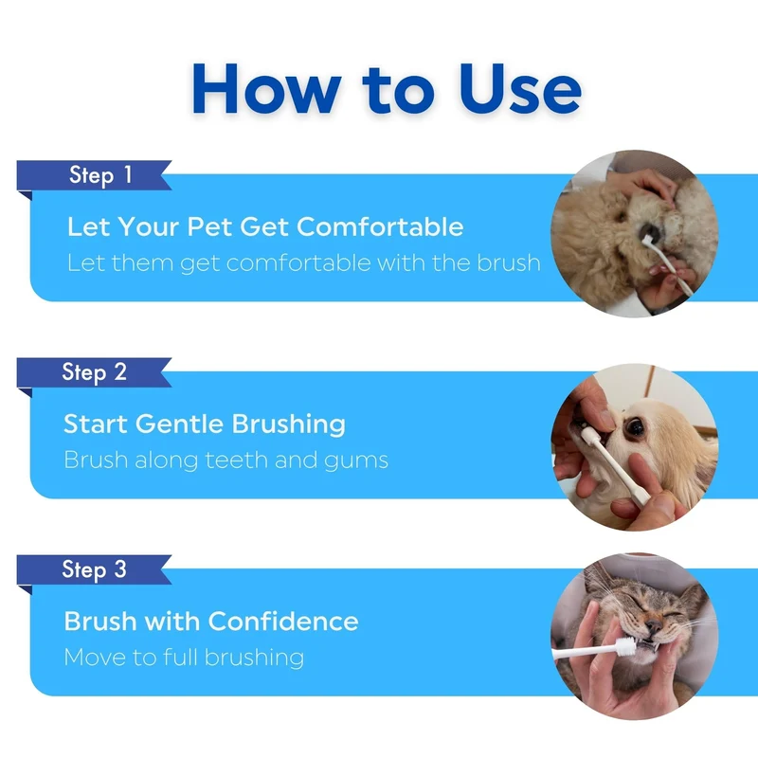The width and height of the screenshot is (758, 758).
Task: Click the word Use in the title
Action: click(x=519, y=89)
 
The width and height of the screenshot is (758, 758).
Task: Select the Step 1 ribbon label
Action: click(x=100, y=174)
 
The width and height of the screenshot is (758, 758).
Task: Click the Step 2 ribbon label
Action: click(x=94, y=372)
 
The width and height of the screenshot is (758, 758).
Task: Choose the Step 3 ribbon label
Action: click(x=94, y=569)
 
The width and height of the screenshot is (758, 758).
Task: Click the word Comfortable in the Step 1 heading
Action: click(x=381, y=226)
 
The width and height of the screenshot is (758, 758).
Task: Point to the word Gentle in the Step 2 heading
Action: click(x=179, y=424)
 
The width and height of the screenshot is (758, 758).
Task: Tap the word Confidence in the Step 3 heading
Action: click(x=283, y=622)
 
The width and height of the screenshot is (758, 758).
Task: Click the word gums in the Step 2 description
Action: click(x=356, y=461)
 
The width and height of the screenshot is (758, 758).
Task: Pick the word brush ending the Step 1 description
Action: click(x=509, y=263)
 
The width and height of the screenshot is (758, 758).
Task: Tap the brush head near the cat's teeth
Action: click(x=626, y=645)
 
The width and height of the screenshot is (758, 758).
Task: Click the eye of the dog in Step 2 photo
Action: click(x=635, y=426)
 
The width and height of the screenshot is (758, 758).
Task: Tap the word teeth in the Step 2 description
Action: click(x=237, y=460)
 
